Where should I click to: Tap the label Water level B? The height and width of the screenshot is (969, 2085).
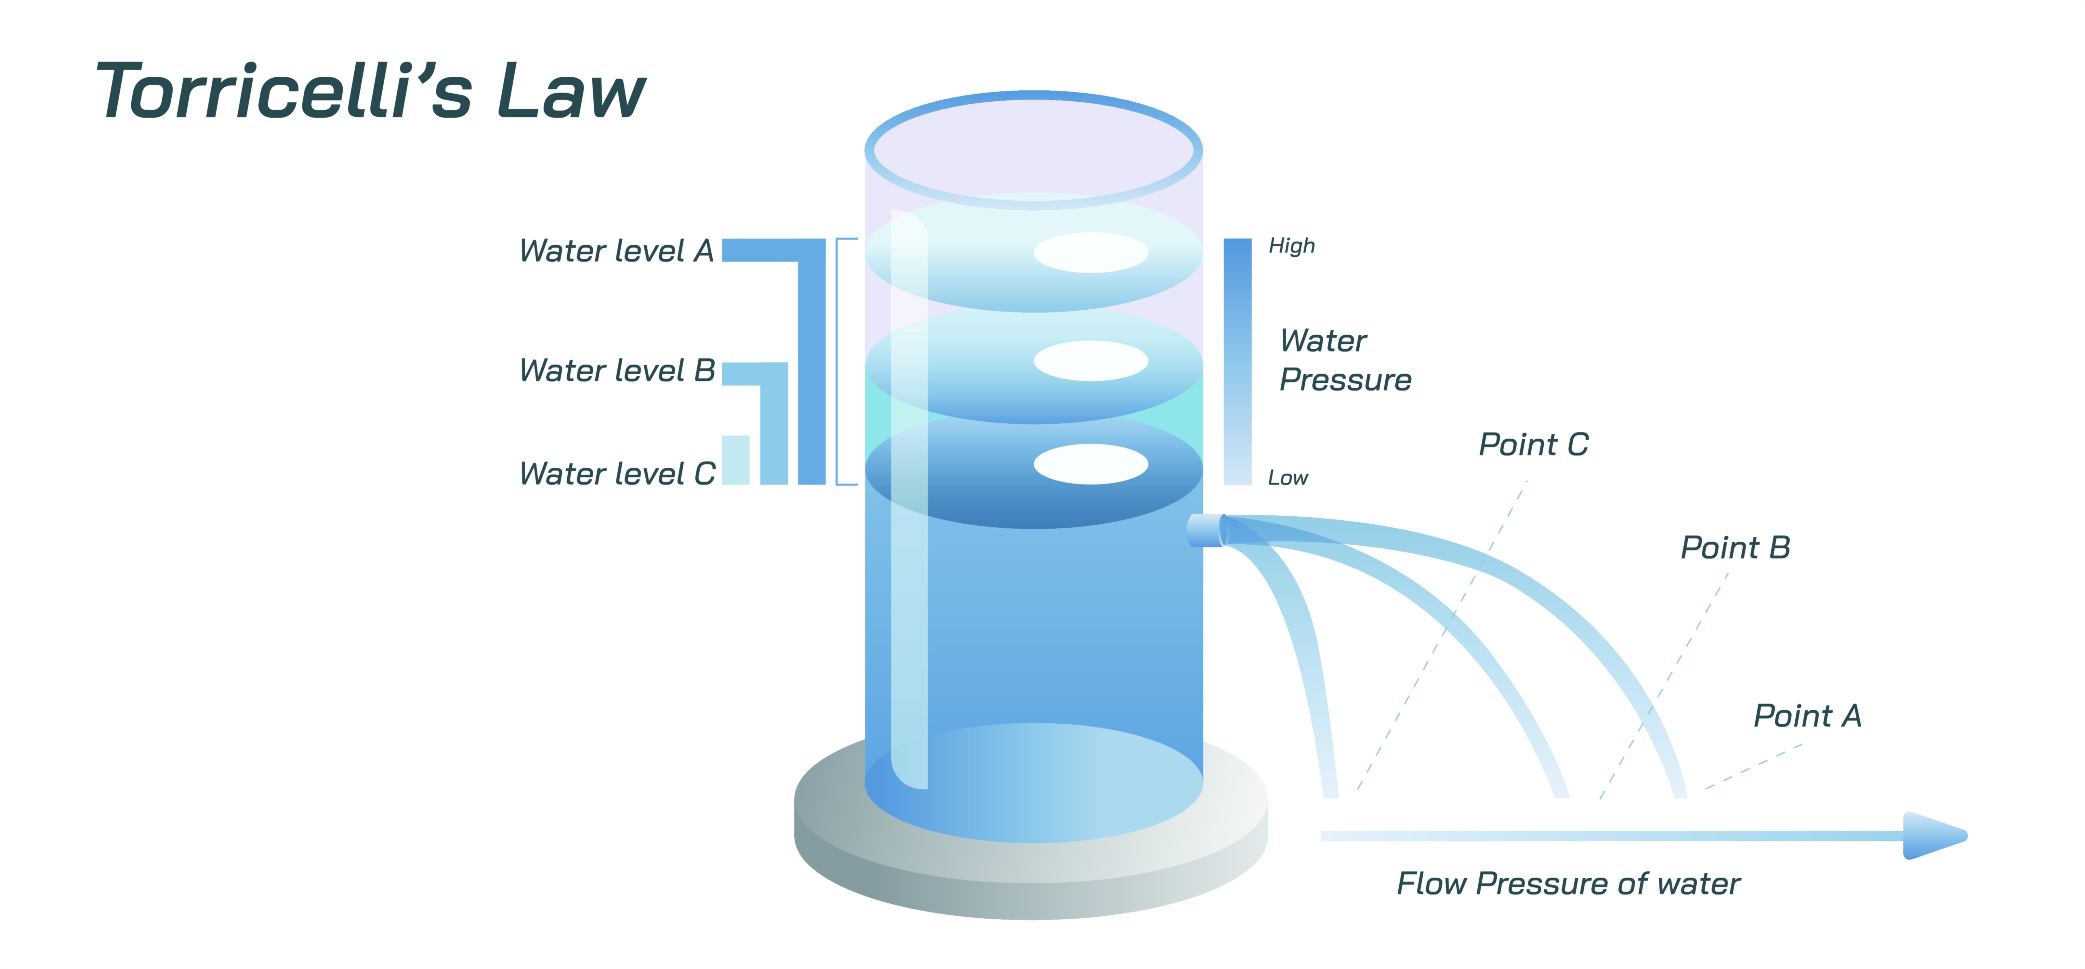[617, 370]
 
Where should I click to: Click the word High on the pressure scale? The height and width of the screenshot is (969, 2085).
[1291, 246]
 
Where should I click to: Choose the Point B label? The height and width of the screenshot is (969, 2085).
[1735, 548]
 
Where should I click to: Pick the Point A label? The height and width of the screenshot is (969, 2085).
[1807, 716]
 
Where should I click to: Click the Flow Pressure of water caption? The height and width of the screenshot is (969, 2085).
[1568, 883]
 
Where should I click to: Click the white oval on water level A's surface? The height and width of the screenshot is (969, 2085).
[1090, 252]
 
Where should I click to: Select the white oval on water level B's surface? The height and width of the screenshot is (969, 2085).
[1090, 361]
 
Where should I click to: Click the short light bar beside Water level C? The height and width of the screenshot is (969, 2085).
[735, 460]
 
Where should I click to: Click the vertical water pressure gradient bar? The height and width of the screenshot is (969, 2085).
[1237, 362]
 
